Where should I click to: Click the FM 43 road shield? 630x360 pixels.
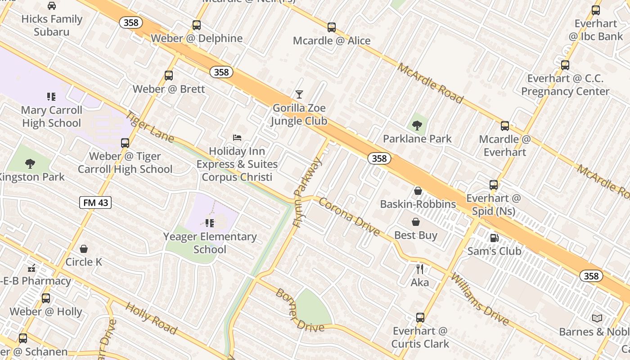[95, 202]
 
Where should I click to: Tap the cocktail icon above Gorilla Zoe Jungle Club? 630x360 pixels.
[299, 94]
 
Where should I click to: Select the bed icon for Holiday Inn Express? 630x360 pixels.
[237, 137]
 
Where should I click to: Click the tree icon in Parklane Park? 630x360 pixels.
[417, 125]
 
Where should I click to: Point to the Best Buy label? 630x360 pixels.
[416, 235]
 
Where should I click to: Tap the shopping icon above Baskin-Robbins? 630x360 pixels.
[418, 191]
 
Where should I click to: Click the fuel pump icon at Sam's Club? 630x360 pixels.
[494, 238]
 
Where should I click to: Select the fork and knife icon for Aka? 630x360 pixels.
[420, 269]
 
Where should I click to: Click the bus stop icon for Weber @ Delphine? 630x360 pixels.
[197, 25]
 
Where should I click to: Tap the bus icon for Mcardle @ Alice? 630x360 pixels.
[332, 27]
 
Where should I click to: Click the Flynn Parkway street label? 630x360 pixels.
[307, 191]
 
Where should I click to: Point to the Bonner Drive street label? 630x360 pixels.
[300, 310]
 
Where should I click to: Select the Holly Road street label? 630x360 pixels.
[151, 318]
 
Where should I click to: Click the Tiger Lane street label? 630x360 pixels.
[149, 126]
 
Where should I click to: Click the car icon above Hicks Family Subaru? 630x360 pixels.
[52, 6]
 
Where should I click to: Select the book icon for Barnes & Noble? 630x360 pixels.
[597, 319]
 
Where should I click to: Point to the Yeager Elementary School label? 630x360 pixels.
[210, 243]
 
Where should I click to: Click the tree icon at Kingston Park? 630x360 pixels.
[30, 163]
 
